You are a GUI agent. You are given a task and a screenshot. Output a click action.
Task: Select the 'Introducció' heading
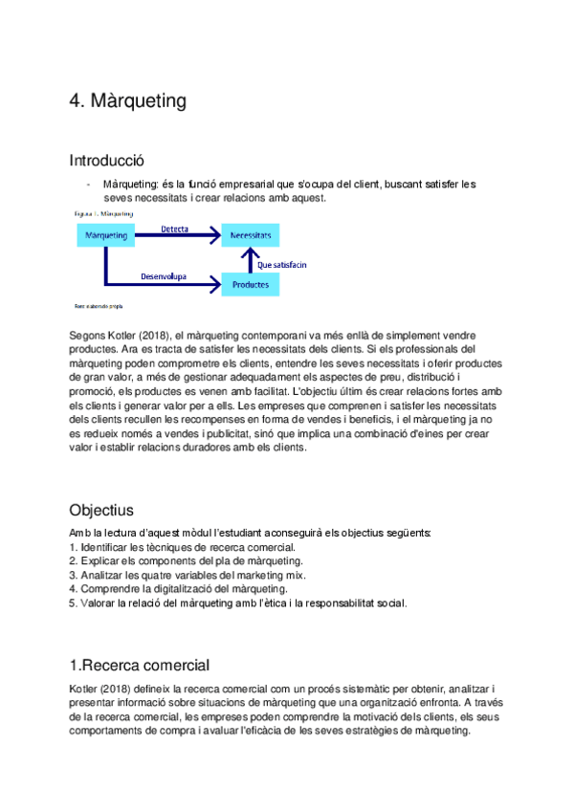(107, 160)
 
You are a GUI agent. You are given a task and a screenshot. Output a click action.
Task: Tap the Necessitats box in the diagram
(250, 234)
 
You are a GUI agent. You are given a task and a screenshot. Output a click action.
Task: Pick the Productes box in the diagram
(250, 284)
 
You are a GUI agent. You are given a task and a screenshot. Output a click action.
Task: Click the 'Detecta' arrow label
(174, 230)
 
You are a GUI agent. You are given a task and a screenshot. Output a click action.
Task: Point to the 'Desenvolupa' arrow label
(164, 277)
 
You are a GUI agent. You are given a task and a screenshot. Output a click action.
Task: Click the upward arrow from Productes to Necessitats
(251, 258)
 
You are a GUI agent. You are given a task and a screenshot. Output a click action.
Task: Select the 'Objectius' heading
(101, 509)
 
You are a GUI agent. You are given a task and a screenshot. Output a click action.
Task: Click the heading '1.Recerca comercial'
(140, 665)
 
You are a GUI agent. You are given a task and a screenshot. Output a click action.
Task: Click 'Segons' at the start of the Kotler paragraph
(84, 336)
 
